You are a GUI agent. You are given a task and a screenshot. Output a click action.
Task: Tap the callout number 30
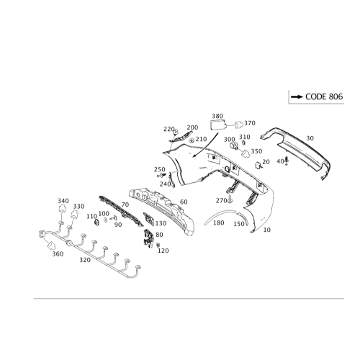(x=310, y=137)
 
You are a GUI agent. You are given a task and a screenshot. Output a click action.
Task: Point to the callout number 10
(x=267, y=230)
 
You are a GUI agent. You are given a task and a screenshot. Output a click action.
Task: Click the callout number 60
(x=185, y=202)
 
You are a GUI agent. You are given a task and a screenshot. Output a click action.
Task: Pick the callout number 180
(x=219, y=224)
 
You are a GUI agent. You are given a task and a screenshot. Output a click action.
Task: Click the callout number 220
(x=167, y=128)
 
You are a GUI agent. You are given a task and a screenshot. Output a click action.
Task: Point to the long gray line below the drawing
(x=180, y=297)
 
